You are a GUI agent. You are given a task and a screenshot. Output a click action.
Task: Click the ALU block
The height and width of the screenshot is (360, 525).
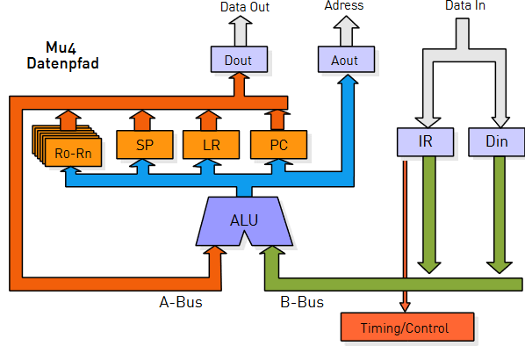pos(244,220)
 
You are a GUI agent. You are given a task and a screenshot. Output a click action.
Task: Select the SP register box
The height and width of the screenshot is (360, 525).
pos(145,145)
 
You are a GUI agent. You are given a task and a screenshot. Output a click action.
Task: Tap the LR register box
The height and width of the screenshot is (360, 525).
pos(211,145)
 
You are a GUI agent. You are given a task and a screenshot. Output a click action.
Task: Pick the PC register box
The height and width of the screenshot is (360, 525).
pos(278,145)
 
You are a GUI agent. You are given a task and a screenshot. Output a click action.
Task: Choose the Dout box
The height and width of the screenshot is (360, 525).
pos(239,60)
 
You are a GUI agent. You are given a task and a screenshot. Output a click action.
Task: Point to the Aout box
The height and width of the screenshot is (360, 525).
pos(346,60)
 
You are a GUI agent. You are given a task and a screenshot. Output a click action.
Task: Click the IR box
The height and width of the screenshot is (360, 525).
pos(425,142)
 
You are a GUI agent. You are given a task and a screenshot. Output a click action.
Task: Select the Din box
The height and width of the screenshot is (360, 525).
pos(497,142)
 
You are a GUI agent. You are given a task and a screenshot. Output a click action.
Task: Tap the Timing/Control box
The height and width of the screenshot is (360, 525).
pos(407,328)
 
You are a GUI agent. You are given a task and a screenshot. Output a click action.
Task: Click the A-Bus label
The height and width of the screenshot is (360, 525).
pos(181,302)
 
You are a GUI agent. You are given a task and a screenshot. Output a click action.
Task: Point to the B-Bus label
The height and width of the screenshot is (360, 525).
pos(302,302)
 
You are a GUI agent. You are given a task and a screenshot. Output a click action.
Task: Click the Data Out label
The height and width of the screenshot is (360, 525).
pos(245,7)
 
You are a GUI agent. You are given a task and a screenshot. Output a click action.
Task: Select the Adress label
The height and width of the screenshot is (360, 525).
pos(344,5)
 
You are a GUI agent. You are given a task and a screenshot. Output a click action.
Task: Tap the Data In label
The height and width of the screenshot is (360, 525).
pos(465,5)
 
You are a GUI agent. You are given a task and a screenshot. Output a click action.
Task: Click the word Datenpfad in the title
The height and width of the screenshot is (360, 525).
pos(62,63)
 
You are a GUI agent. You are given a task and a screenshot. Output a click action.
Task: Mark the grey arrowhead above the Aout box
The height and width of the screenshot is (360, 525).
pos(346,22)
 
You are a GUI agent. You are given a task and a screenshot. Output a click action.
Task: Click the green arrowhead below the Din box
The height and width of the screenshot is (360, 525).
pos(500,267)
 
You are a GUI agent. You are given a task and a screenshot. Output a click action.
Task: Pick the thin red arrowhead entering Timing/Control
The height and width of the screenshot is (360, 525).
pos(405,306)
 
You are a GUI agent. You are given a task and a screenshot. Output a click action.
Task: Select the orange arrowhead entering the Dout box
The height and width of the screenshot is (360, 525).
pos(239,76)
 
